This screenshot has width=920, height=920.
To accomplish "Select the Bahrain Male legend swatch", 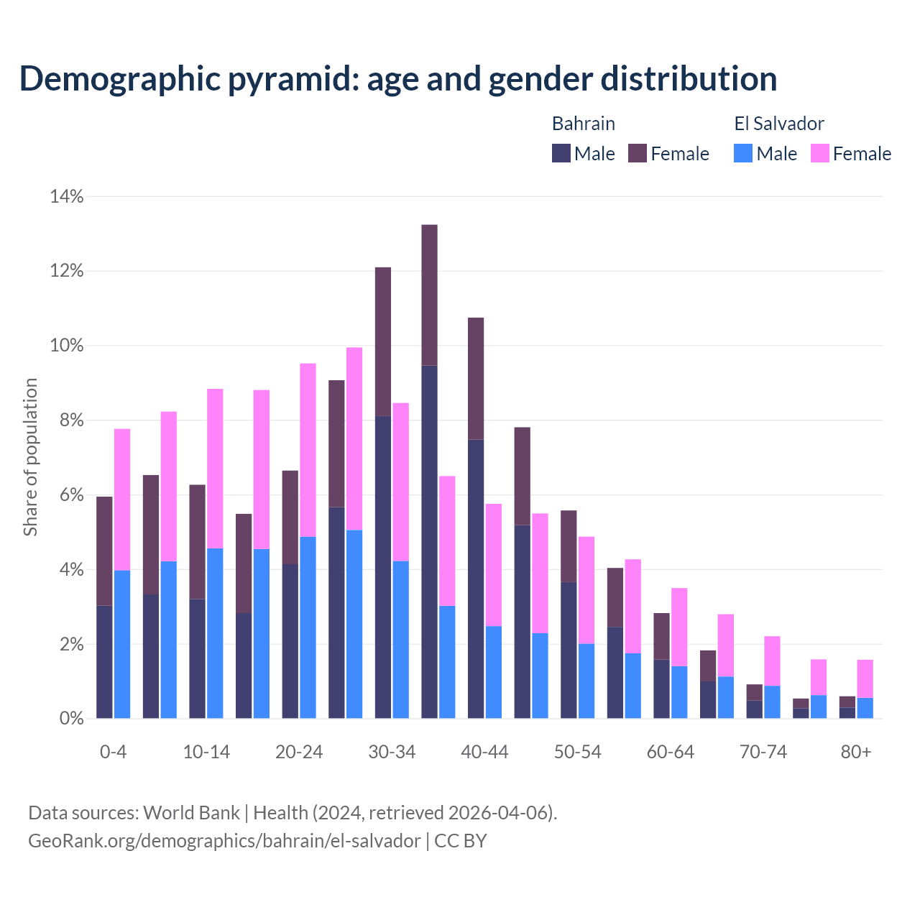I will pyautogui.click(x=561, y=153).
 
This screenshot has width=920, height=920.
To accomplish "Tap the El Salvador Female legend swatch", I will pyautogui.click(x=819, y=153).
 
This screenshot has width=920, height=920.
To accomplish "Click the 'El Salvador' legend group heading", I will pyautogui.click(x=778, y=124).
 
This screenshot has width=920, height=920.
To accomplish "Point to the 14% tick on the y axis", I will pyautogui.click(x=66, y=196).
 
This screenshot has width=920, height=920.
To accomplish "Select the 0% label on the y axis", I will pyautogui.click(x=70, y=718).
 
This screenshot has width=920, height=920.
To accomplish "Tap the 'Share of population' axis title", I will pyautogui.click(x=30, y=457).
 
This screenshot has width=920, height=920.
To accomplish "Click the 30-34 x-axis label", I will pyautogui.click(x=392, y=752).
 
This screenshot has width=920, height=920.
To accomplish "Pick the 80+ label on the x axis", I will pyautogui.click(x=855, y=752).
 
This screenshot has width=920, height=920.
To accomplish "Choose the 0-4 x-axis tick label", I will pyautogui.click(x=114, y=752).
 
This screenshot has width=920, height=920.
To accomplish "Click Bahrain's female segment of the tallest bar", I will pyautogui.click(x=429, y=295).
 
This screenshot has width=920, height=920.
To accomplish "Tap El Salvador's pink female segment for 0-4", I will pyautogui.click(x=122, y=500).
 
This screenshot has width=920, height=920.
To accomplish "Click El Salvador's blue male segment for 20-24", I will pyautogui.click(x=308, y=627).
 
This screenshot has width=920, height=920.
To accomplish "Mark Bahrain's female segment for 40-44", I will pyautogui.click(x=476, y=378).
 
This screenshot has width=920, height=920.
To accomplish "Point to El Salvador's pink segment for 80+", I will pyautogui.click(x=865, y=678).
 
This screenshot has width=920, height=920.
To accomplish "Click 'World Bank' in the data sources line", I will pyautogui.click(x=191, y=813).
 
